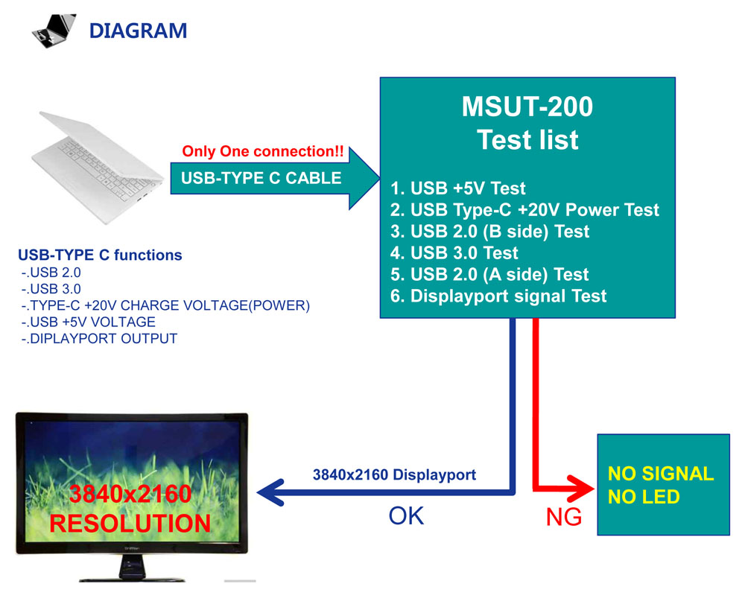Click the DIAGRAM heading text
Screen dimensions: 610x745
[138, 31]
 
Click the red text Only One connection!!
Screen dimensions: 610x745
[263, 152]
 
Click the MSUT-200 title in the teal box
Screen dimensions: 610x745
[527, 107]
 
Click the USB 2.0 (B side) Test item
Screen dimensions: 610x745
[490, 232]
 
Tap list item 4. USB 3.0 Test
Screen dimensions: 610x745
[454, 253]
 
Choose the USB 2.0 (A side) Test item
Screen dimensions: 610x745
[490, 275]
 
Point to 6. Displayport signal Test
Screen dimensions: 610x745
[498, 296]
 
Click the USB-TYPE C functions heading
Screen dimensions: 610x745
[100, 255]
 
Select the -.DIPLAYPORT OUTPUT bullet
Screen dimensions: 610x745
[99, 339]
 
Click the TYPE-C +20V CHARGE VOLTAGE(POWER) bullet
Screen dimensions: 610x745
[165, 305]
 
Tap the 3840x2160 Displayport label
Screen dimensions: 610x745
[394, 474]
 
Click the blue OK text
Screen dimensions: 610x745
[406, 515]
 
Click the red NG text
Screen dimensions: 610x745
[564, 518]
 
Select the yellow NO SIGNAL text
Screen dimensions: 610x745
[660, 474]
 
